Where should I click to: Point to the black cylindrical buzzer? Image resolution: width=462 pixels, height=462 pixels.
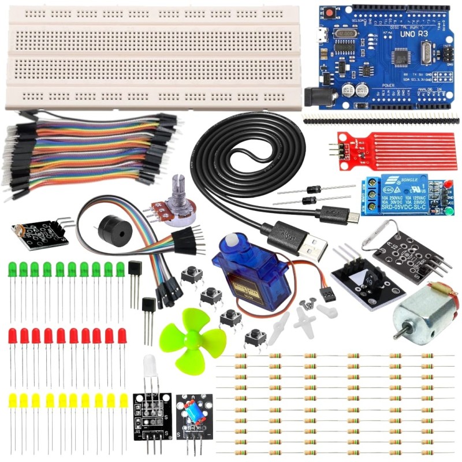point(115,229)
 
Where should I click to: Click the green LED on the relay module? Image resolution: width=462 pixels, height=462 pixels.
point(449,211)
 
